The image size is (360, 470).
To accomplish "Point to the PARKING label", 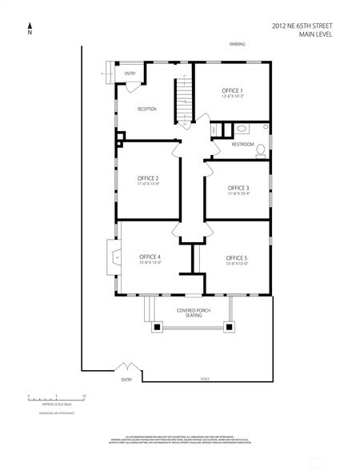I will [236, 44].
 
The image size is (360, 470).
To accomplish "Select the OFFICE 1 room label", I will [232, 91].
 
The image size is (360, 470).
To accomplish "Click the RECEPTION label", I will [146, 109].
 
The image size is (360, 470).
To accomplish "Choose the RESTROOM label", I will [242, 145].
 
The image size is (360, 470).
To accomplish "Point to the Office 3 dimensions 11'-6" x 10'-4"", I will [238, 193].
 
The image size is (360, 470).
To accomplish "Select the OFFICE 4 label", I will [150, 257].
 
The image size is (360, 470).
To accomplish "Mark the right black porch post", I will [231, 326].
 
